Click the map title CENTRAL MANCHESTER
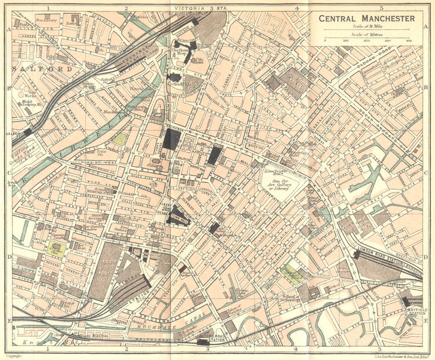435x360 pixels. (367, 19)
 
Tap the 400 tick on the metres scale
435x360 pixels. (409, 40)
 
